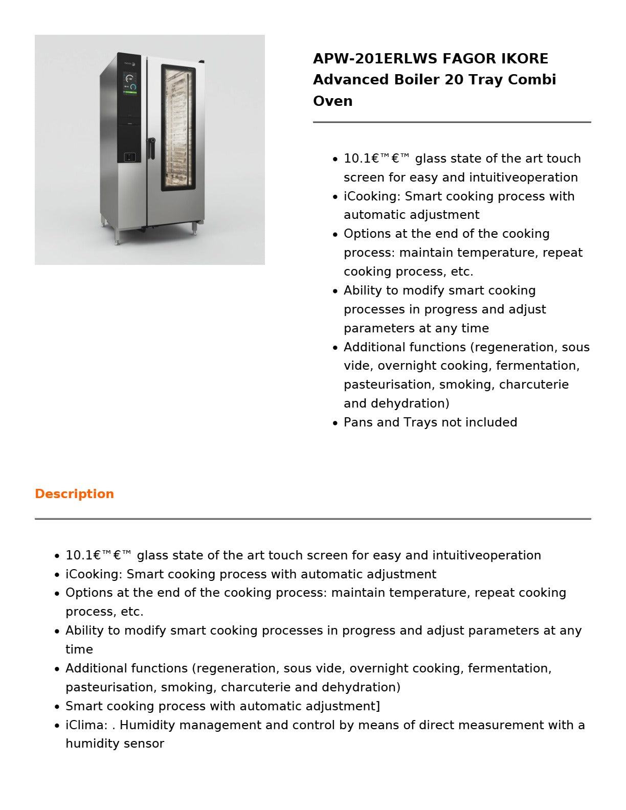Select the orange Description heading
coord(74,494)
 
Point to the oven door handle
coord(151,148)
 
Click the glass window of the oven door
coord(178,128)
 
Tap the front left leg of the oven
coord(117,236)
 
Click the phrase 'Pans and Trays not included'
coord(430,422)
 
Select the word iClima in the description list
coord(85,725)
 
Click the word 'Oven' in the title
coord(332,101)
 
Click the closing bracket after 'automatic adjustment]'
coord(378,706)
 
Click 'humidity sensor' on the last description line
coord(115,744)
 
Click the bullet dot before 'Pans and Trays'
coord(335,423)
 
